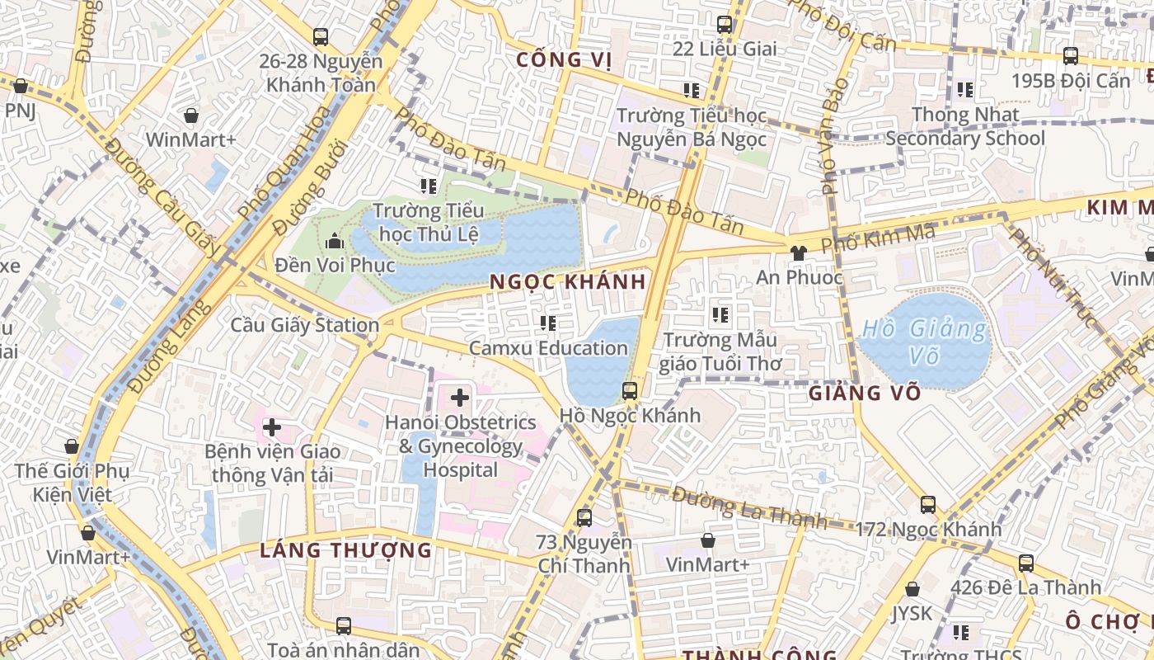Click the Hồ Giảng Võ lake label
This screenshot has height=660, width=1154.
pyautogui.click(x=922, y=342)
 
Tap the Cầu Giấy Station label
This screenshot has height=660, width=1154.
pyautogui.click(x=304, y=325)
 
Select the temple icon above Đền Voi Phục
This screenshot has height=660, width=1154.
pyautogui.click(x=335, y=242)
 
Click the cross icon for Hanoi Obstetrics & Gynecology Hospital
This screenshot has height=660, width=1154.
pyautogui.click(x=459, y=398)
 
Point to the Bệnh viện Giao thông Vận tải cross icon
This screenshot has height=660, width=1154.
pyautogui.click(x=271, y=427)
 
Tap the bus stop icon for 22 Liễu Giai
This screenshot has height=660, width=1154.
pyautogui.click(x=725, y=25)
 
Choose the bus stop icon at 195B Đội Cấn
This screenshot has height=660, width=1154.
pyautogui.click(x=1070, y=56)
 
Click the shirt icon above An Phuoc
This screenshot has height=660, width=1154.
pyautogui.click(x=797, y=253)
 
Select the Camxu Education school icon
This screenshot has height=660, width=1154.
pyautogui.click(x=548, y=323)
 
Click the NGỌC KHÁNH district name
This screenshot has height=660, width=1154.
pyautogui.click(x=568, y=282)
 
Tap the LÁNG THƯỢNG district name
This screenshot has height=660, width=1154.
pyautogui.click(x=345, y=550)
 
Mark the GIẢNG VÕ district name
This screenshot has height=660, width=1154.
pyautogui.click(x=864, y=394)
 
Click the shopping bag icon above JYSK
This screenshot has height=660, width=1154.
pyautogui.click(x=912, y=589)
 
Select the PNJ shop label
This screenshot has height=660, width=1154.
pyautogui.click(x=20, y=111)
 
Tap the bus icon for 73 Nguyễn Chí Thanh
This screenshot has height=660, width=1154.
pyautogui.click(x=584, y=518)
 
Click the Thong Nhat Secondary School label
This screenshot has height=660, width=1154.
pyautogui.click(x=965, y=126)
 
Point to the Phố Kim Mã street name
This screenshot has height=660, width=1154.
pyautogui.click(x=878, y=240)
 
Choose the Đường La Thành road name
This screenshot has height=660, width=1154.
pyautogui.click(x=748, y=507)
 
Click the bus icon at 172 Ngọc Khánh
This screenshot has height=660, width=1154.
pyautogui.click(x=928, y=504)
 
